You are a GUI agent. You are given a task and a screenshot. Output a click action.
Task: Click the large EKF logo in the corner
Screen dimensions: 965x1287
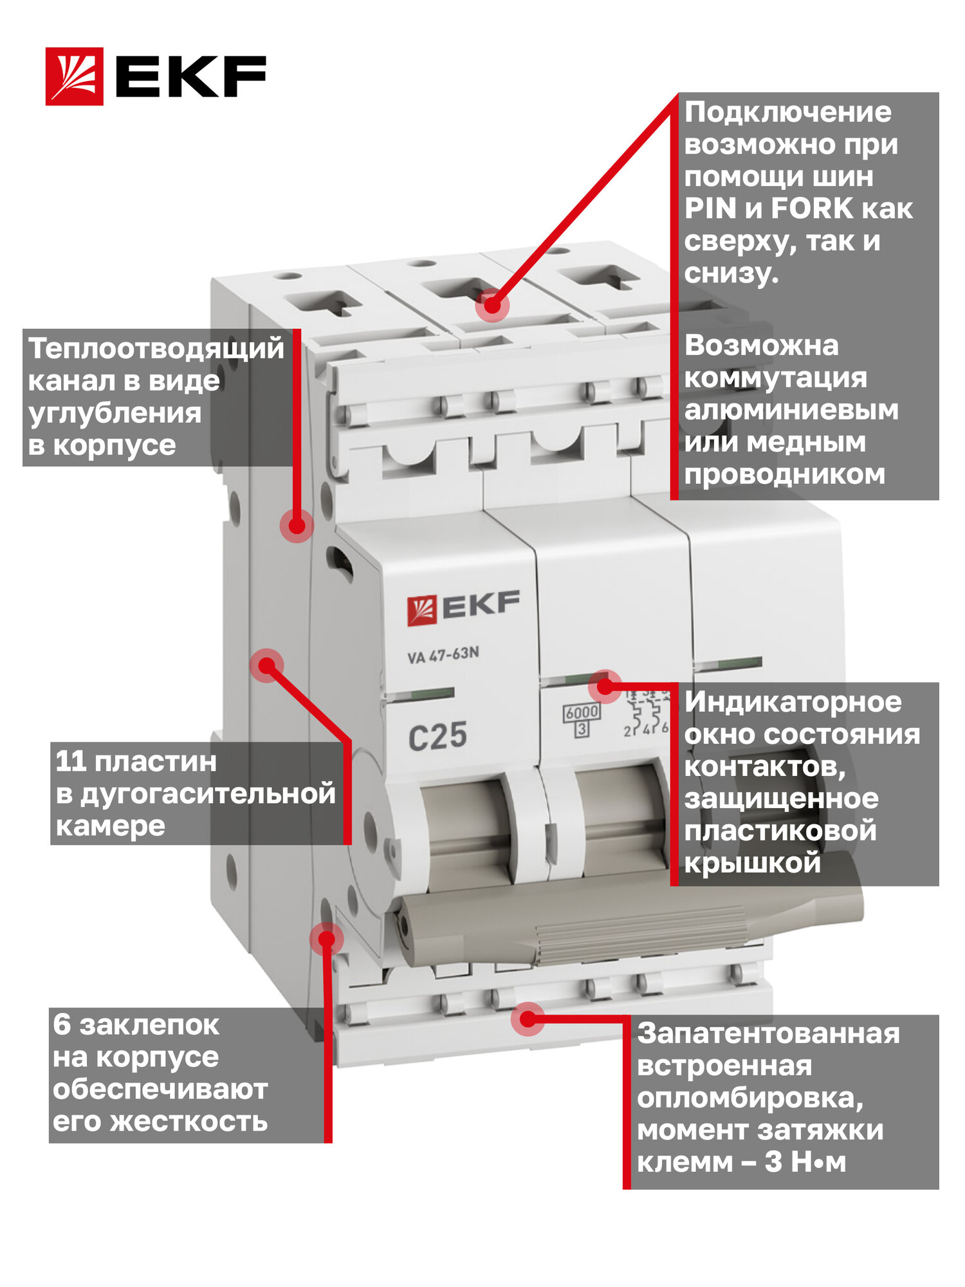[156, 76]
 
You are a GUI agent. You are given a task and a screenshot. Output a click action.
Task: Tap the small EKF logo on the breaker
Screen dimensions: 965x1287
[463, 608]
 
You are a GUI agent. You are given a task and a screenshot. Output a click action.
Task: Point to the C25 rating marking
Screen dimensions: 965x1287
[437, 736]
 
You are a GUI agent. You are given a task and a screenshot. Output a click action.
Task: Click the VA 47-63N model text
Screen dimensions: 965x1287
[443, 655]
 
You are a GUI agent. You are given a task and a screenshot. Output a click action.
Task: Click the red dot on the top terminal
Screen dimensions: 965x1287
[492, 305]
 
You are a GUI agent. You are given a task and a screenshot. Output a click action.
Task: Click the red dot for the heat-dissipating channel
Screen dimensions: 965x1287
[297, 525]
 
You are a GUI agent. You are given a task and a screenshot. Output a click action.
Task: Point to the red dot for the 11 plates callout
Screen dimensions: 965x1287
[266, 665]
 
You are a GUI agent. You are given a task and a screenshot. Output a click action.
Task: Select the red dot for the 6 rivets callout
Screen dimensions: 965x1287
[327, 939]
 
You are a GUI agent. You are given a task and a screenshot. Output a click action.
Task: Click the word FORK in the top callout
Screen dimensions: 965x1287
[812, 208]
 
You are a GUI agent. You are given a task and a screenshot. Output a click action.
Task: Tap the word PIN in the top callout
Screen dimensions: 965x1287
[710, 208]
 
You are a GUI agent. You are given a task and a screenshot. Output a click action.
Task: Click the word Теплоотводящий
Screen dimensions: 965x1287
[156, 349]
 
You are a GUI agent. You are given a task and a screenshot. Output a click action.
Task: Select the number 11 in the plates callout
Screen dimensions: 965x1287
[71, 762]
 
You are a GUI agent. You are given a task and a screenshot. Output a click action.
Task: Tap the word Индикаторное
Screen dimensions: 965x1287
[793, 702]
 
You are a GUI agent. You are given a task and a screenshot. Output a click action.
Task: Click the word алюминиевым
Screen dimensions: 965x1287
[791, 410]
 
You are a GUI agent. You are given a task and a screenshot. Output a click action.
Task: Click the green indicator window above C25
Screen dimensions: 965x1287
[422, 694]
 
